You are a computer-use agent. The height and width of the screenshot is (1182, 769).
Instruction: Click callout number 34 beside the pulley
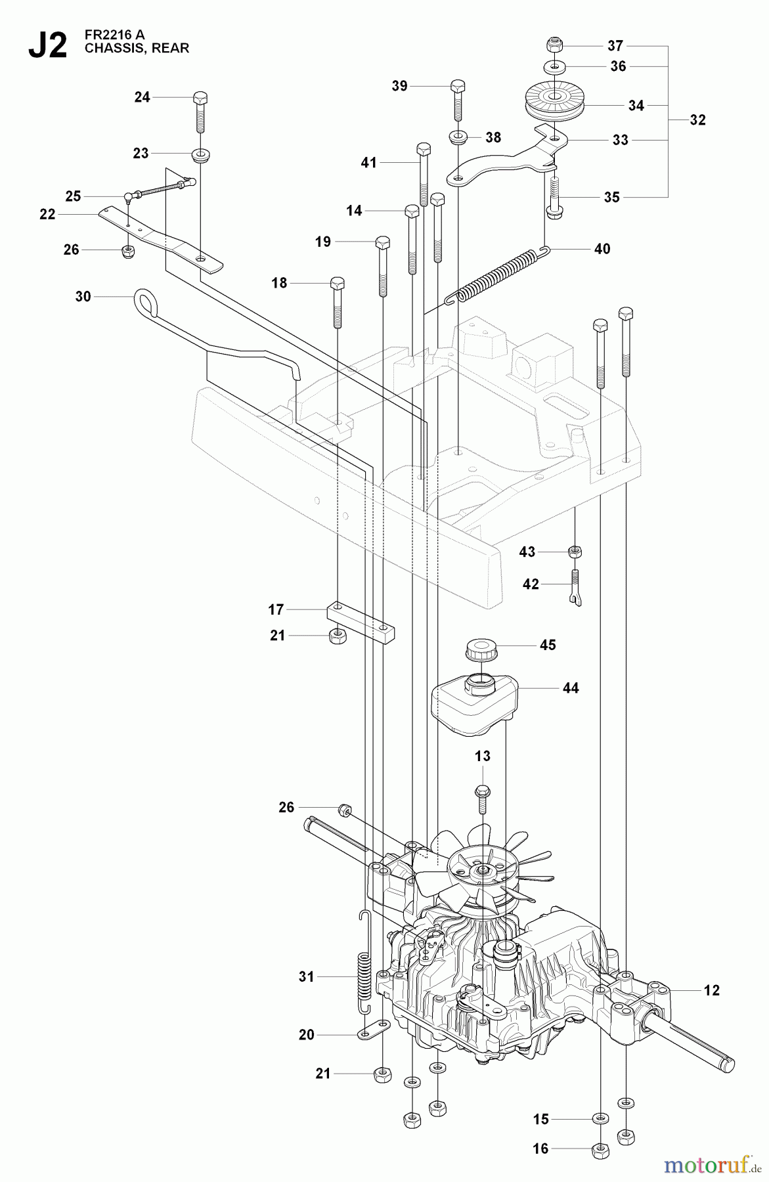tap(636, 105)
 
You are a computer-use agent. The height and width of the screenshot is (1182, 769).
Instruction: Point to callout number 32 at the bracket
tap(697, 120)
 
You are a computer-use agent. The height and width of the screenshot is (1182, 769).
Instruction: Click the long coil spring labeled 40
tap(499, 274)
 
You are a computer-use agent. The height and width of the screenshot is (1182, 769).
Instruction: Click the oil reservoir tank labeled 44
tap(473, 708)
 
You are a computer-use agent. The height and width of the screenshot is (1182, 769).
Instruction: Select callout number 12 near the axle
tap(711, 990)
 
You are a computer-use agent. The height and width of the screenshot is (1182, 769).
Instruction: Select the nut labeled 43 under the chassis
tap(575, 552)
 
